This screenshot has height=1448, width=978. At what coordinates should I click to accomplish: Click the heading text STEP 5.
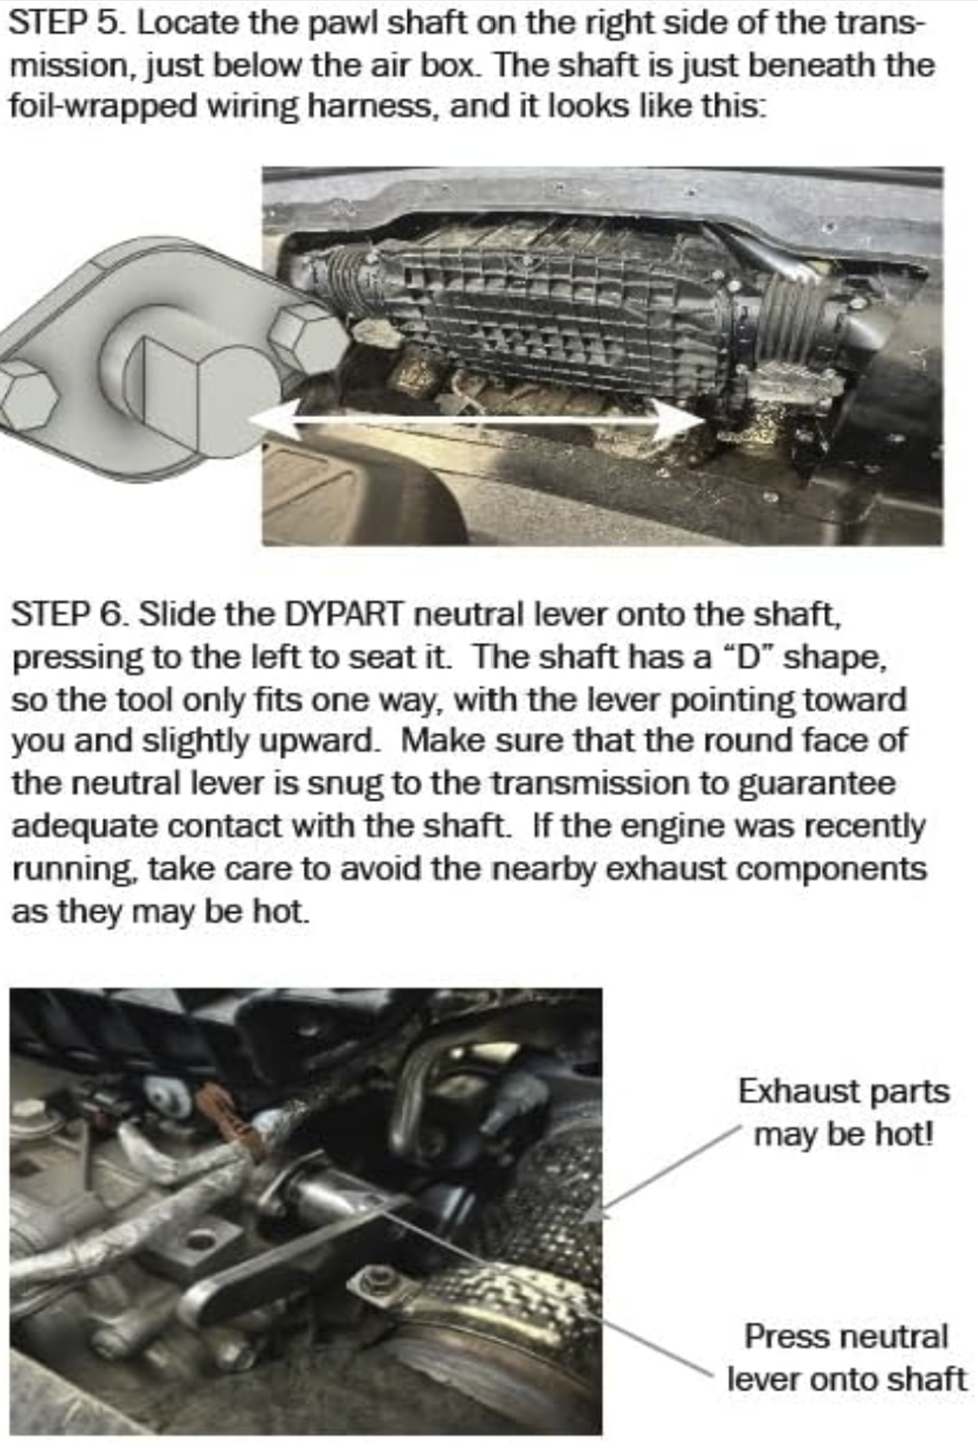pos(63,23)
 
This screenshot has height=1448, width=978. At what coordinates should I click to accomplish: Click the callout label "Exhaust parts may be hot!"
pos(843,1111)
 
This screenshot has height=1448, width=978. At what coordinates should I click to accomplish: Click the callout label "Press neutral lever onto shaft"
pos(845,1357)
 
